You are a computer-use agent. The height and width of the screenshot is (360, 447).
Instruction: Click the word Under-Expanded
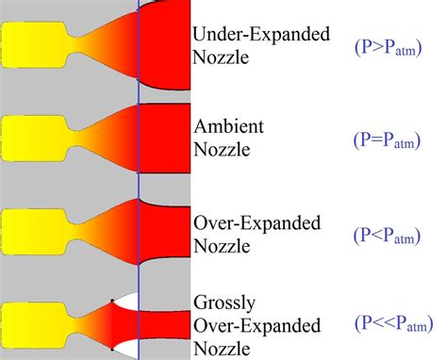260,36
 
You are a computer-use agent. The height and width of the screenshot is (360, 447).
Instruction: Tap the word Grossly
223,303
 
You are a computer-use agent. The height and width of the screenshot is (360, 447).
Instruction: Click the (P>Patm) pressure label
390,46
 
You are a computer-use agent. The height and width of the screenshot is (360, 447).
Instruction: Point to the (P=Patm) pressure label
390,139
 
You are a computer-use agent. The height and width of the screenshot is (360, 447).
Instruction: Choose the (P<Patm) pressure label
390,233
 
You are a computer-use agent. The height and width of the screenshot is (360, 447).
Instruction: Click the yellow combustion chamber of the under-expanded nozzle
33,45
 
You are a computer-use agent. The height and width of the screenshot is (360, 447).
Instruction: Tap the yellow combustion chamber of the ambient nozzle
33,137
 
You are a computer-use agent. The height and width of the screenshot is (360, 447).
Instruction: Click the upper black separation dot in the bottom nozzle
112,302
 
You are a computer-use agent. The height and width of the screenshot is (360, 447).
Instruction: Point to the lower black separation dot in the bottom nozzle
112,349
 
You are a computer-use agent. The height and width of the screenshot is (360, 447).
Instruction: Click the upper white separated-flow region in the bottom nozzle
128,303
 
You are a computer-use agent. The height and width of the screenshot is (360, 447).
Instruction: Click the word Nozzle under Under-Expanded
223,58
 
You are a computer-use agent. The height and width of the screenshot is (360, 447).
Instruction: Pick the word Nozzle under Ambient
223,149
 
